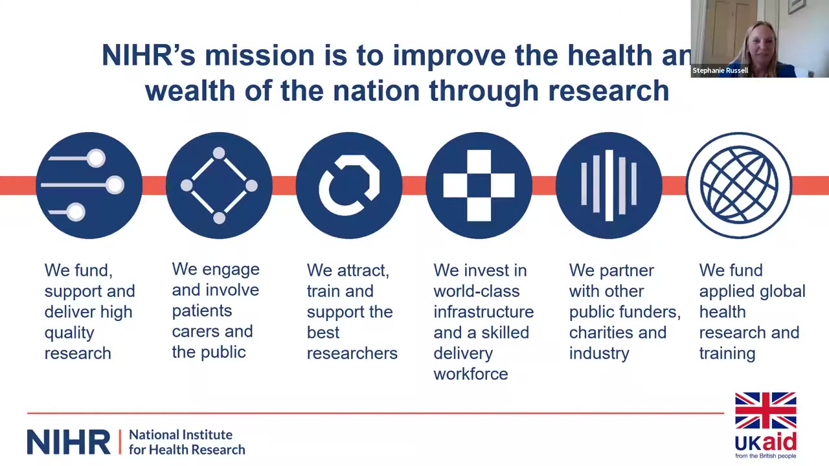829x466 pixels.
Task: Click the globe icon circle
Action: pyautogui.click(x=739, y=185)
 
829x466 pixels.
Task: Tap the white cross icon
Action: pyautogui.click(x=479, y=185)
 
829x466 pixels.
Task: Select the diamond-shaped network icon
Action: pyautogui.click(x=219, y=185)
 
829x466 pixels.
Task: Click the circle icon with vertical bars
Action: pyautogui.click(x=609, y=185)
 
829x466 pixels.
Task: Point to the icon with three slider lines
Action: pyautogui.click(x=89, y=185)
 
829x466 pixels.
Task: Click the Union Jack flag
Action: pyautogui.click(x=766, y=410)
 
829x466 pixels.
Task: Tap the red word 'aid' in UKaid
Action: pyautogui.click(x=779, y=442)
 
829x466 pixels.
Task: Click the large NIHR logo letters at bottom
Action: pyautogui.click(x=69, y=442)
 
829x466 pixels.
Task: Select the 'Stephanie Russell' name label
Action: pyautogui.click(x=720, y=71)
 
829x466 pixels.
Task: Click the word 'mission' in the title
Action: pyautogui.click(x=260, y=56)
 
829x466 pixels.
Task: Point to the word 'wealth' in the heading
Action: pyautogui.click(x=190, y=91)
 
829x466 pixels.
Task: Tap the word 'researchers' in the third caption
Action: pyautogui.click(x=352, y=353)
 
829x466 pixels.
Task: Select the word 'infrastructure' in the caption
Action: pyautogui.click(x=484, y=312)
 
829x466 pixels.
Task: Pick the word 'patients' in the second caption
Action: pyautogui.click(x=201, y=311)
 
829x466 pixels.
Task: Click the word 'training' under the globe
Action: pyautogui.click(x=727, y=354)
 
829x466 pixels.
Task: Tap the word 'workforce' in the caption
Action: pyautogui.click(x=471, y=374)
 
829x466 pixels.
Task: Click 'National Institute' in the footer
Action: pyautogui.click(x=181, y=434)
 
